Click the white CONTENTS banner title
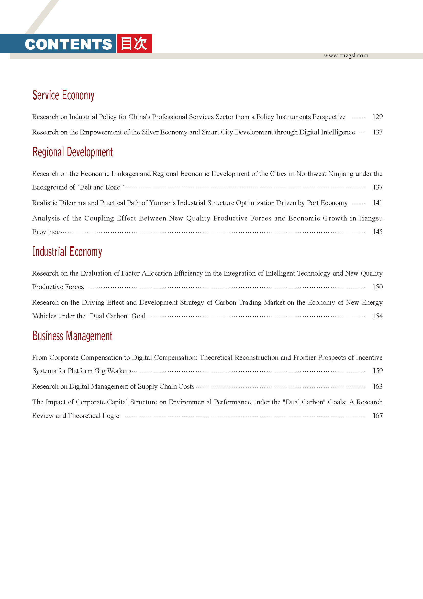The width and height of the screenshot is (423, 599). pos(68,44)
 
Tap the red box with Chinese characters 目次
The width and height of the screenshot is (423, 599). pos(135,44)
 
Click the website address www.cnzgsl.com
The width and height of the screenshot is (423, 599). pos(346,56)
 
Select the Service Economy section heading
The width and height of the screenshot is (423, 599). pos(63,95)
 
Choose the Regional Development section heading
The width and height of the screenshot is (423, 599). pos(73,152)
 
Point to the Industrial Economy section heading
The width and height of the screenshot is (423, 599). pos(67,252)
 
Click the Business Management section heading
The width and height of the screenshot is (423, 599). pos(72,336)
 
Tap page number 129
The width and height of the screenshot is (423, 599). pos(377,117)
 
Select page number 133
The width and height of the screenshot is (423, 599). pos(377,132)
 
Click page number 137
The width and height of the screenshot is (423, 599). pos(377,187)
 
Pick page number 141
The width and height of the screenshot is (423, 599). pos(377,203)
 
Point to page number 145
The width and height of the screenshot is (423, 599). pos(377,232)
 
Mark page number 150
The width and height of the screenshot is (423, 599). pos(377,287)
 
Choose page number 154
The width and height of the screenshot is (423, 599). pos(377,316)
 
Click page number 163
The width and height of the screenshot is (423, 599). pos(377,387)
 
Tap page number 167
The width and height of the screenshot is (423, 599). pos(377,416)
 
